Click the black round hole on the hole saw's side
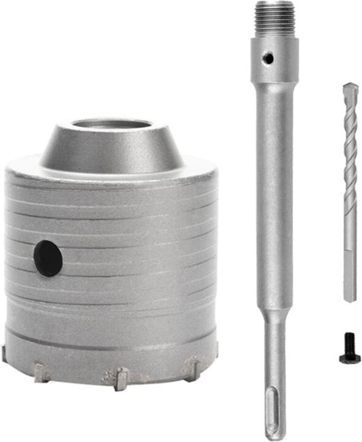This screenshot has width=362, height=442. coord(48,258)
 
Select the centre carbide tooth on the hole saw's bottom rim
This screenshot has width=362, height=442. coord(117,377)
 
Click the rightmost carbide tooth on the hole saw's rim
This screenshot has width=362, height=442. coord(192,367)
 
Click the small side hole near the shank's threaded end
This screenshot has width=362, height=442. coord(267,58)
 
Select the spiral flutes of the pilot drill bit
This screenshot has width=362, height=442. coord(350,166)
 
